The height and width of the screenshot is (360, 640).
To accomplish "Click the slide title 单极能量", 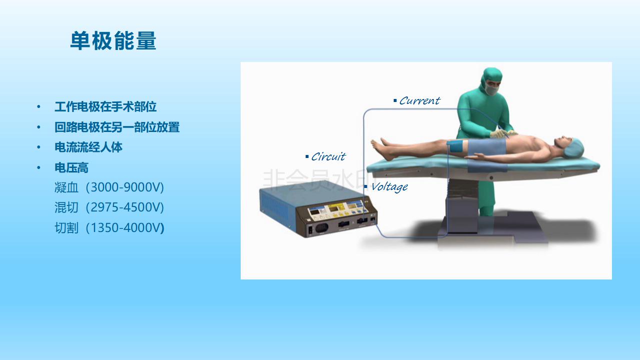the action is tap(113, 41).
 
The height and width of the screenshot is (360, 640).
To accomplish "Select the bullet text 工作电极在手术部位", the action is tap(106, 107).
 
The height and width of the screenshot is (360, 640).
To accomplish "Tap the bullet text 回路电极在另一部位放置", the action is tap(117, 127).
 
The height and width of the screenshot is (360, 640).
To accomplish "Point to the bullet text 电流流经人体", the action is tap(88, 147).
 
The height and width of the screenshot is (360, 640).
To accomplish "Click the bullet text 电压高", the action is tap(72, 167).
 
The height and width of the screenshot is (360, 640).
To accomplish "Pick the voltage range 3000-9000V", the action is tap(125, 187).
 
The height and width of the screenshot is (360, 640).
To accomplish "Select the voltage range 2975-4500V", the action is tap(125, 207).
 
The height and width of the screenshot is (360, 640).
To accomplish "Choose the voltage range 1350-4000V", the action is tap(125, 228).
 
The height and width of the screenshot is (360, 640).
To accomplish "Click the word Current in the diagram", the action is tap(420, 101).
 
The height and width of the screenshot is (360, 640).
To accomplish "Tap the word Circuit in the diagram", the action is tap(328, 156).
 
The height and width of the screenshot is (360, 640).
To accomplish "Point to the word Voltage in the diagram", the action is tap(389, 187).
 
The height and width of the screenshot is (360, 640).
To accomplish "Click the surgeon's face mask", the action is tap(492, 89).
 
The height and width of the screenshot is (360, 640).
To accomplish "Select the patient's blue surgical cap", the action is tap(574, 147).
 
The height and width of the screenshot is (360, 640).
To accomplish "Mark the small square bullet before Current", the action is tap(395, 100).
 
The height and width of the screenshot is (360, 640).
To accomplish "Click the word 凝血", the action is tap(66, 187).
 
